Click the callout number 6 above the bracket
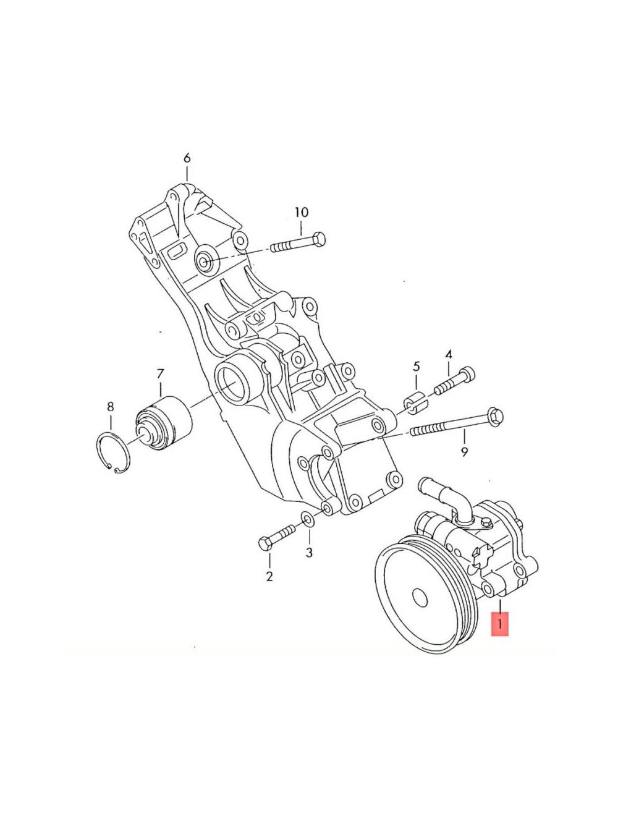pyautogui.click(x=187, y=158)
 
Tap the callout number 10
pyautogui.click(x=302, y=212)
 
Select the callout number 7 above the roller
pyautogui.click(x=160, y=373)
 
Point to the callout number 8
pyautogui.click(x=111, y=406)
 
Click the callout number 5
pyautogui.click(x=416, y=367)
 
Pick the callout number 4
pyautogui.click(x=449, y=354)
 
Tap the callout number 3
pyautogui.click(x=309, y=553)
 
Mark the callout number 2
pyautogui.click(x=269, y=576)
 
